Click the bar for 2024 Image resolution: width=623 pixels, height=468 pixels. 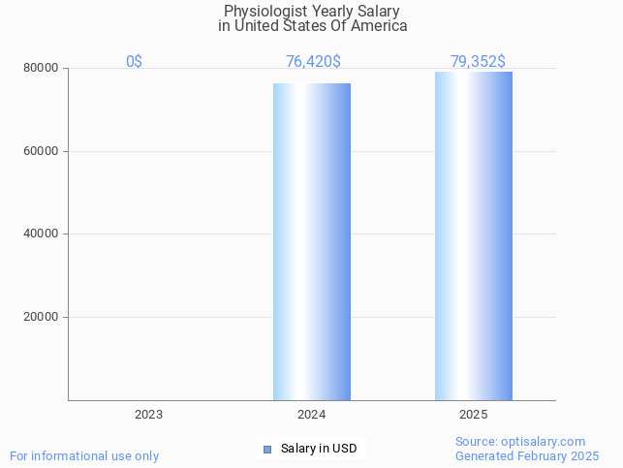tap(311, 241)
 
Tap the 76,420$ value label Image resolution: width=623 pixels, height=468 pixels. tap(312, 62)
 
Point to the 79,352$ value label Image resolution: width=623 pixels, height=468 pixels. tap(477, 62)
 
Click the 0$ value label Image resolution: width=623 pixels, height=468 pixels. tap(134, 62)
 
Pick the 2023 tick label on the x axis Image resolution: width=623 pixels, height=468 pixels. tap(148, 415)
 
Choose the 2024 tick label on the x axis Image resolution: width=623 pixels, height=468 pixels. tap(311, 415)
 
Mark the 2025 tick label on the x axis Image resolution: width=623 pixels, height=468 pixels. tap(474, 415)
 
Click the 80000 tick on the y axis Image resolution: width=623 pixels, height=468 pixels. tap(41, 69)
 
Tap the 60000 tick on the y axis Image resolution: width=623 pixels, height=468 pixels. tap(41, 151)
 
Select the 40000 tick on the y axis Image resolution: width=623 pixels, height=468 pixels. tap(41, 234)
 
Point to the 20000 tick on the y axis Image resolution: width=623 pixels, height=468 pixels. tap(41, 317)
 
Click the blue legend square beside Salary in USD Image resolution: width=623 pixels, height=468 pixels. tap(268, 449)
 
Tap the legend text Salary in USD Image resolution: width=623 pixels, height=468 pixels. tap(319, 449)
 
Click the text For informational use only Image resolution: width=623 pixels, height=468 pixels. tap(84, 455)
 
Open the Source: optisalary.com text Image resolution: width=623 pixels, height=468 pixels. tap(520, 442)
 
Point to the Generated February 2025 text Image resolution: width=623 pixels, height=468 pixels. tap(527, 455)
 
